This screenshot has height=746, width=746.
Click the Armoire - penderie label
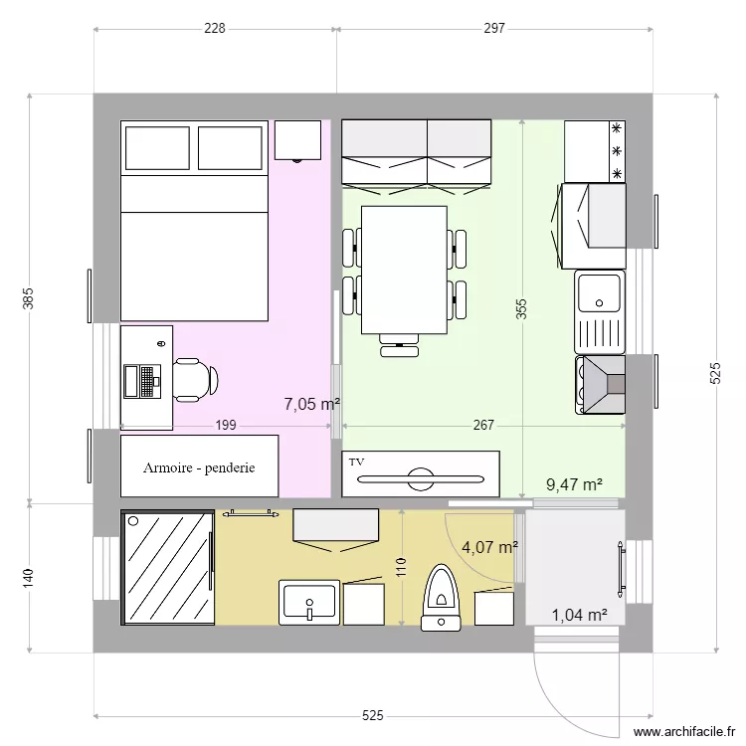[x=199, y=466]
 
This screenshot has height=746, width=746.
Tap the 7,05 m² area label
[x=311, y=404]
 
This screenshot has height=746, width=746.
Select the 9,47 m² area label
[x=574, y=484]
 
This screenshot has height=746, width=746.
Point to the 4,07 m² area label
[x=489, y=547]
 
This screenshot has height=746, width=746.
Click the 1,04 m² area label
[x=579, y=615]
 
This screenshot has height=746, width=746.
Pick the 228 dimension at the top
[x=215, y=29]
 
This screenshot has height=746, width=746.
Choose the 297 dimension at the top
[x=494, y=29]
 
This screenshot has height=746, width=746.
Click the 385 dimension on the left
[x=29, y=298]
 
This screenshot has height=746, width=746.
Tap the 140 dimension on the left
[x=29, y=577]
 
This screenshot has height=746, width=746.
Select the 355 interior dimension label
[x=521, y=310]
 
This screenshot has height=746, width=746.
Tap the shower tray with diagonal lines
[x=167, y=568]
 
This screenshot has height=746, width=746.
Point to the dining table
[x=403, y=269]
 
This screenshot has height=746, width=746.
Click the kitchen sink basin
[x=600, y=292]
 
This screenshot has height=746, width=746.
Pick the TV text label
[x=355, y=462]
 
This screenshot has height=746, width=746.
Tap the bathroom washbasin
[x=310, y=603]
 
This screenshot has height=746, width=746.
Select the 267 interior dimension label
[x=483, y=426]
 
